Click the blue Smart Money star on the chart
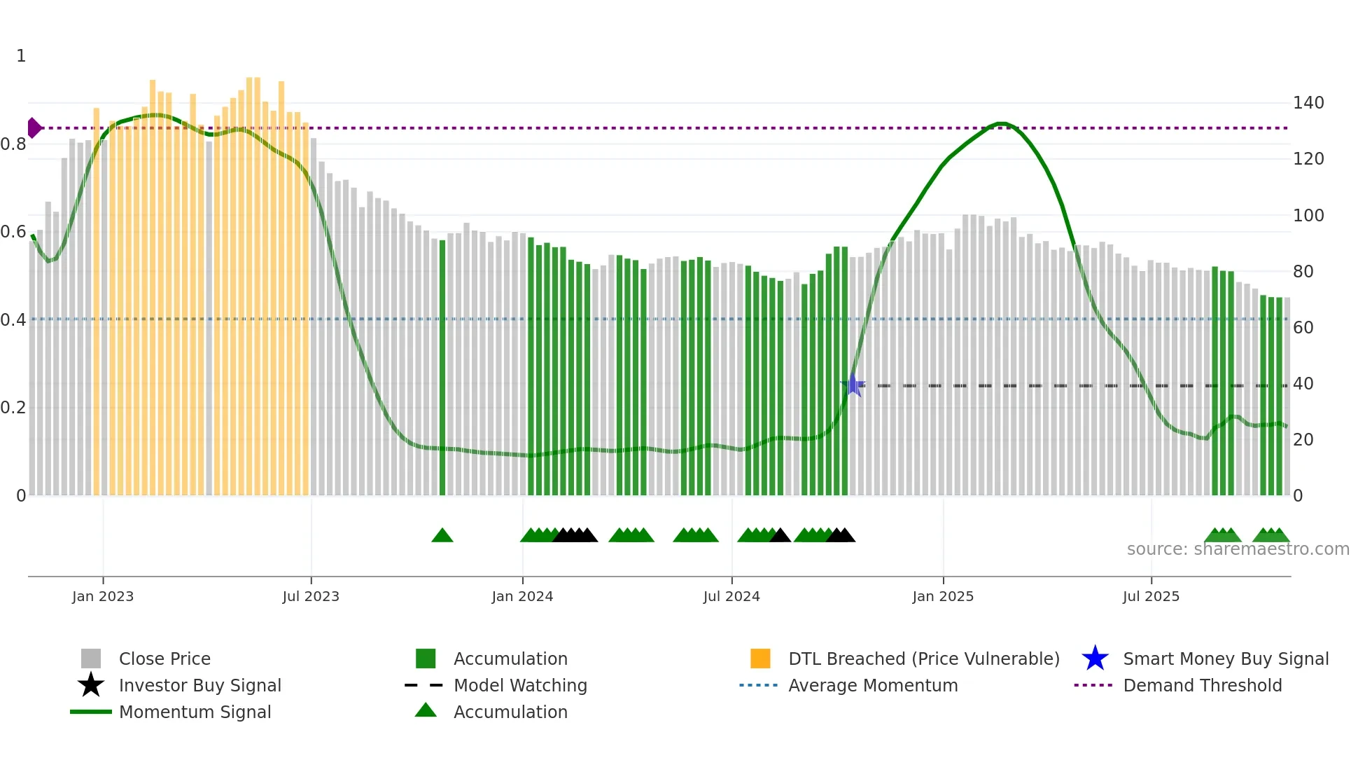coord(853,385)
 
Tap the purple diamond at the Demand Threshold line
coord(34,128)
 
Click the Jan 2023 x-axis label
coord(103,596)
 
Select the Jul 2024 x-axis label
coord(731,596)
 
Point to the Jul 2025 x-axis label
coord(1151,596)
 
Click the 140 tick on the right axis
coord(1308,103)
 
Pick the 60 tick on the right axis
coord(1303,327)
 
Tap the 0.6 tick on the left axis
coord(14,232)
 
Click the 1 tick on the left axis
coord(21,56)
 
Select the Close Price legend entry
coord(164,659)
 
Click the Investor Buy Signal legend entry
coord(199,685)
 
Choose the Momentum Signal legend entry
coord(195,712)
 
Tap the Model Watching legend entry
coord(520,685)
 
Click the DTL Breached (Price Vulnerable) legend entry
coord(923,659)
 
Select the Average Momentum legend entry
coord(873,685)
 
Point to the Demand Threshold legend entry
coord(1202,685)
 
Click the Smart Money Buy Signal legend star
coord(1095,659)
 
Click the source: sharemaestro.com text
coord(1238,549)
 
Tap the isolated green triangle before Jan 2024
coord(442,536)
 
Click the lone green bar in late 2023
coord(442,368)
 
